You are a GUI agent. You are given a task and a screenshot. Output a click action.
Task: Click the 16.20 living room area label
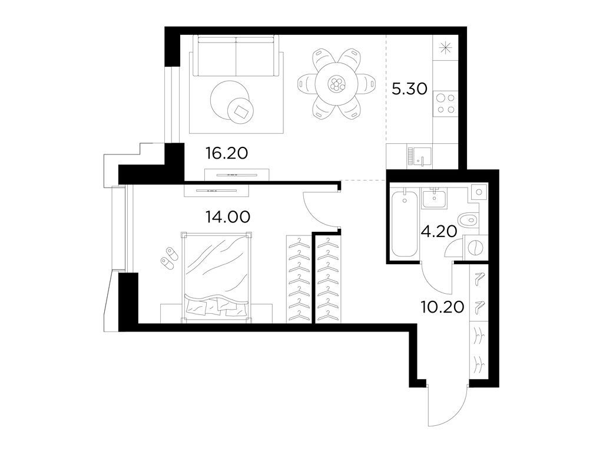pyautogui.click(x=226, y=154)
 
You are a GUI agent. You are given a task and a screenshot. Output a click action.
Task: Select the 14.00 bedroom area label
pyautogui.click(x=228, y=216)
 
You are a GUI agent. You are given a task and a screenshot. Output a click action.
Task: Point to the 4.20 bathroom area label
pyautogui.click(x=439, y=231)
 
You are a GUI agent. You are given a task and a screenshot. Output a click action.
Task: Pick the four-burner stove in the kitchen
pyautogui.click(x=445, y=104)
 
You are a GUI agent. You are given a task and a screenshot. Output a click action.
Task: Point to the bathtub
pyautogui.click(x=403, y=224)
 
